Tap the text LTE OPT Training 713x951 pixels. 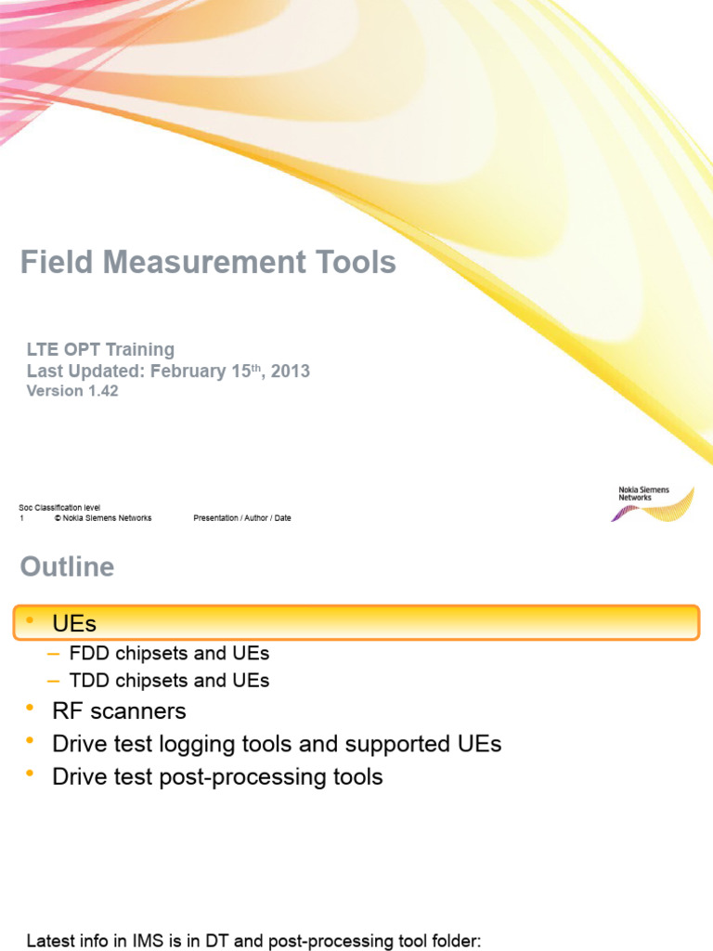pyautogui.click(x=100, y=349)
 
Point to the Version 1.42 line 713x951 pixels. pyautogui.click(x=72, y=391)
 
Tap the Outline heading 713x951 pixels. pyautogui.click(x=67, y=567)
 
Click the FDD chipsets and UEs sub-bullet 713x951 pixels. pyautogui.click(x=169, y=654)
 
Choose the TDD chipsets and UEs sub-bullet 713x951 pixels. pyautogui.click(x=169, y=681)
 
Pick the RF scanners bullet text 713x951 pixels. pyautogui.click(x=119, y=711)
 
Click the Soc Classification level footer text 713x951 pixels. pyautogui.click(x=59, y=507)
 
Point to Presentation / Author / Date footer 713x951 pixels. pyautogui.click(x=241, y=518)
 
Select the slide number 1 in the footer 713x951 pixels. pyautogui.click(x=21, y=518)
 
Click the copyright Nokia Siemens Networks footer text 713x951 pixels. pyautogui.click(x=103, y=518)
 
